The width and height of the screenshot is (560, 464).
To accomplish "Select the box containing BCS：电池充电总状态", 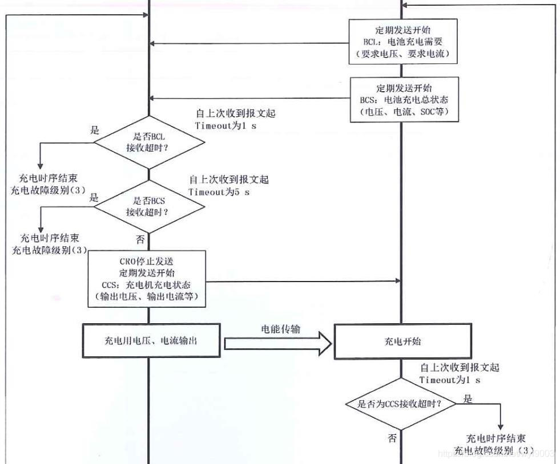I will click(x=404, y=100).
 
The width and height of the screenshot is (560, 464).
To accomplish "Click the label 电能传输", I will click(x=280, y=329).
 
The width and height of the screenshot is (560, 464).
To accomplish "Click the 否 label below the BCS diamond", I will click(x=140, y=237).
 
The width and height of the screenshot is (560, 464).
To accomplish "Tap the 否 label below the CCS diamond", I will click(x=392, y=438).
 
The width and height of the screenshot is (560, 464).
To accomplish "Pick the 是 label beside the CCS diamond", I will click(x=468, y=399).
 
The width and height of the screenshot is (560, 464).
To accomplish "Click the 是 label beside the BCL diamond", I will click(x=95, y=130).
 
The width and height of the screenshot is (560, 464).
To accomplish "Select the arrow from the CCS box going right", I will click(x=303, y=281).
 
